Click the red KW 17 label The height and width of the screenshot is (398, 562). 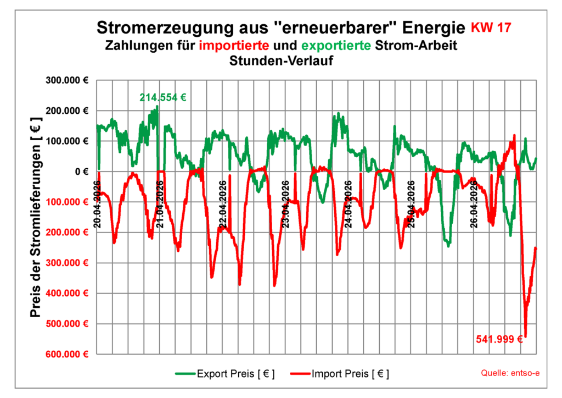[493, 27]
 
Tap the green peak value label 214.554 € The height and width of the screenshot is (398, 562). [162, 98]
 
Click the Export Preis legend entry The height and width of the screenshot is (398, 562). [225, 374]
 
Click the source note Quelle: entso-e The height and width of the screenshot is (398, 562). [510, 373]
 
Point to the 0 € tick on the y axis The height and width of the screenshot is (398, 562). [82, 172]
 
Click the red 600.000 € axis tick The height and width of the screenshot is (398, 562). [70, 354]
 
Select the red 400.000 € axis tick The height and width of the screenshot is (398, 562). [70, 293]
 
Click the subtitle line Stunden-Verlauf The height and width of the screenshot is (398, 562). [281, 61]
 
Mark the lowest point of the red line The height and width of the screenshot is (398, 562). [525, 336]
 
